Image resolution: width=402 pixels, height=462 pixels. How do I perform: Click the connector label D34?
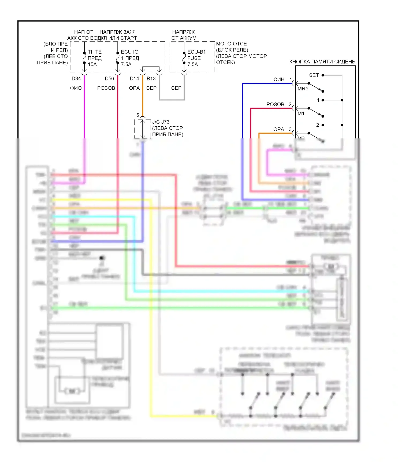pos(76,79)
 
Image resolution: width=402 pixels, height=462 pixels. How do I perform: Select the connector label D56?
pos(109,79)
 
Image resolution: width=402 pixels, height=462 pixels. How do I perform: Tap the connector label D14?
pos(134,79)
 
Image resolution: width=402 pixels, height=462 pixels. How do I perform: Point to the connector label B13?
pos(151,79)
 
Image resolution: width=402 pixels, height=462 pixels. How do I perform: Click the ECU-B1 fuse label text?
pos(196,52)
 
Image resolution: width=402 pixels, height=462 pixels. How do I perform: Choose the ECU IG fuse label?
pos(130,52)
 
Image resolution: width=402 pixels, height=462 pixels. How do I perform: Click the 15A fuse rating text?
pos(92,64)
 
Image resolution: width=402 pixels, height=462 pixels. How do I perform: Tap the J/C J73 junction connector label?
pos(161,122)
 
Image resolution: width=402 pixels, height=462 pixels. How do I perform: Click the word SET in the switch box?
pos(314,75)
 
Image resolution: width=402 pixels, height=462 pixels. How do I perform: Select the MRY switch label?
pos(303,89)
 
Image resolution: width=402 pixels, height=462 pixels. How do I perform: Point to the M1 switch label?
pos(301,114)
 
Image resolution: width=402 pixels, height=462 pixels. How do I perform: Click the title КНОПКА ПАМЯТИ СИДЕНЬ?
pos(322,62)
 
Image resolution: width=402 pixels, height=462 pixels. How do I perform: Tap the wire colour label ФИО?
pos(76,88)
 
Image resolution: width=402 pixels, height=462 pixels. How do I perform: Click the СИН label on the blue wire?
pos(279,80)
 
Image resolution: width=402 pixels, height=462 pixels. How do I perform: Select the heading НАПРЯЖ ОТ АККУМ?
pos(184,35)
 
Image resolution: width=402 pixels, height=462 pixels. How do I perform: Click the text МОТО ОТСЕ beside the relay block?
pos(231,44)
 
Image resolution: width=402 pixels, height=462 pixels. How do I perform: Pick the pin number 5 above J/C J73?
pos(137,115)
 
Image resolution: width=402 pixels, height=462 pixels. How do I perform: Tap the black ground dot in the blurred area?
pos(102,258)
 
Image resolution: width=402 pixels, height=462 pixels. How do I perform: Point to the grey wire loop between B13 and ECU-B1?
pos(172,100)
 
